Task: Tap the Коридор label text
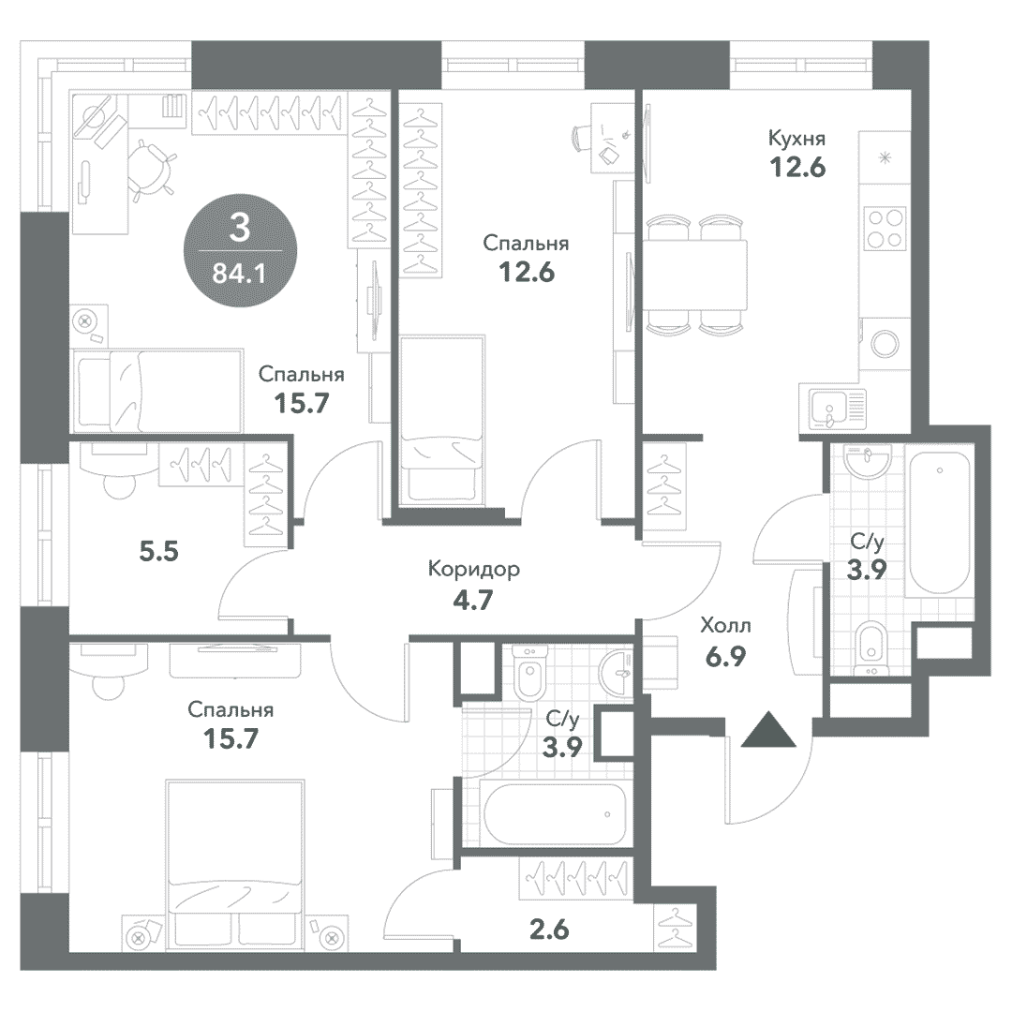[x=474, y=570]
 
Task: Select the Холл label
[x=725, y=626]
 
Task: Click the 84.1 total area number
[x=240, y=275]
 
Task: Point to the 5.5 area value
[x=158, y=553]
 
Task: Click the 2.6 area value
[x=550, y=930]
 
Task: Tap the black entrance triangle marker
[x=768, y=729]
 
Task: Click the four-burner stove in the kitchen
[x=885, y=229]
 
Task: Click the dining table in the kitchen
[x=694, y=275]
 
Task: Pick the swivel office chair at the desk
[x=151, y=167]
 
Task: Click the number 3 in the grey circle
[x=240, y=228]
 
